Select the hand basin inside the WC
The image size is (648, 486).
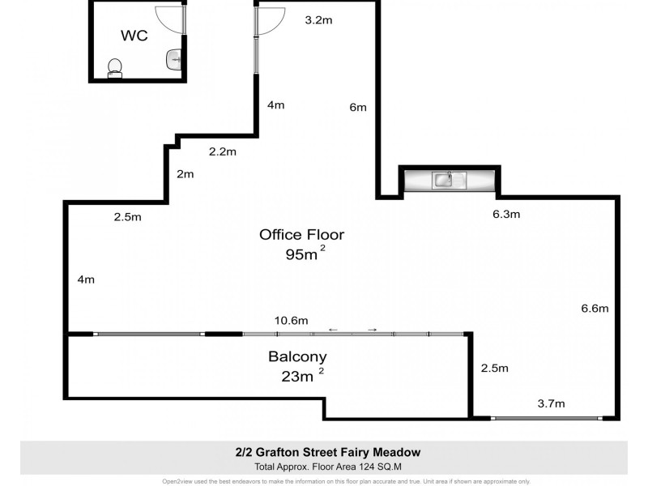pos(174,59)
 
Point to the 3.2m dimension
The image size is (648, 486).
pos(318,20)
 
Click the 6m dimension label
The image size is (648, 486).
pos(358,107)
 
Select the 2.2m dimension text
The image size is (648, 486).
pos(222,151)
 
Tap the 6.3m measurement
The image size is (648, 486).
pos(506,215)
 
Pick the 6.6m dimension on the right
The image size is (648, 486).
pos(595,308)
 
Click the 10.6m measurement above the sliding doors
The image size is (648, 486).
pos(292,321)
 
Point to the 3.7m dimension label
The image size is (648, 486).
pos(552,403)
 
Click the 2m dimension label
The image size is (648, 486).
pos(185,174)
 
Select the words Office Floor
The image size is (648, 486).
pos(301,235)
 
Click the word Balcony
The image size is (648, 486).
pos(297,356)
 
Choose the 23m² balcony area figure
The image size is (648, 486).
pos(299,375)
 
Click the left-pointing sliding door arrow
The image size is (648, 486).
pos(334,330)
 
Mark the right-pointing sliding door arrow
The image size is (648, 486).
pos(372,330)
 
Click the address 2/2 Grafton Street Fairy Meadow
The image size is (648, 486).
pos(324,452)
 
